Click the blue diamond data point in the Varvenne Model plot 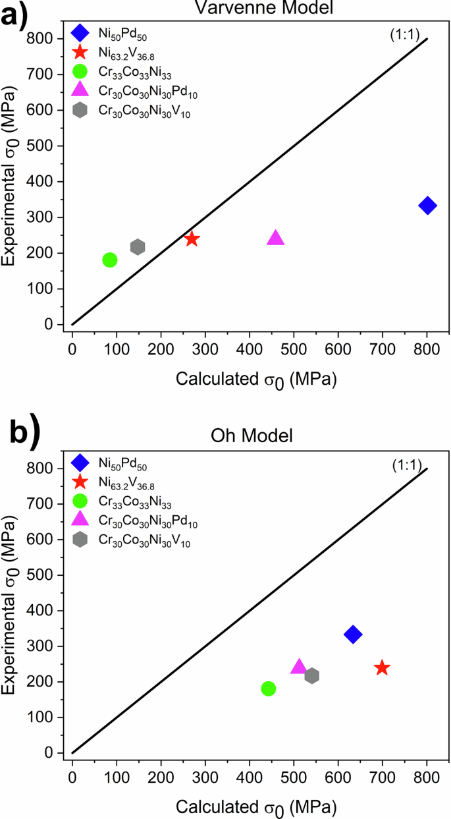(x=427, y=206)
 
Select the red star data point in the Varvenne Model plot (x=192, y=239)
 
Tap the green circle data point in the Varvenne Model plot (x=110, y=260)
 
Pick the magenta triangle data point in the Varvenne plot (x=275, y=238)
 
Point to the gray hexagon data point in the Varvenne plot (x=138, y=247)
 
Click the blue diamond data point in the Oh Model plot (x=353, y=635)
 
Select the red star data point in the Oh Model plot (x=382, y=668)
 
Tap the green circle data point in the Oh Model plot (x=268, y=689)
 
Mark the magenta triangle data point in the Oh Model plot (x=299, y=667)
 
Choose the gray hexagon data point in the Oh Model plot (x=312, y=675)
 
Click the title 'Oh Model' (x=250, y=436)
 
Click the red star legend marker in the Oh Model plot (x=80, y=482)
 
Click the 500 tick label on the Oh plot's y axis (x=51, y=575)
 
